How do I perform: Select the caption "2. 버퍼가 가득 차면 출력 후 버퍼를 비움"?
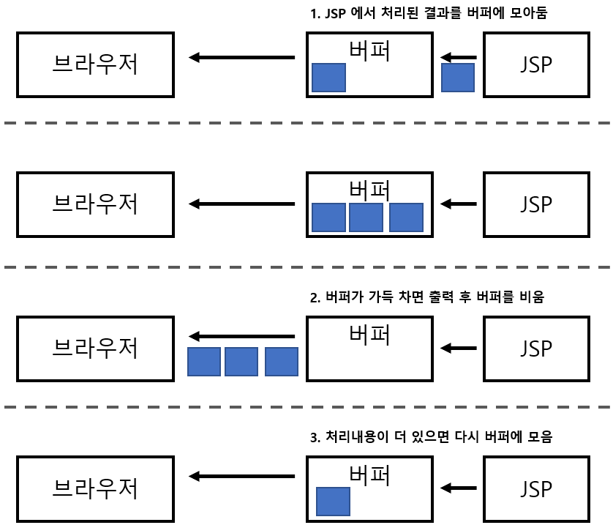tap(428, 298)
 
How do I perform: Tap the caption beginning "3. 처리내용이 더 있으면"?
tap(431, 438)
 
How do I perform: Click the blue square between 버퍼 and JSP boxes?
tap(458, 78)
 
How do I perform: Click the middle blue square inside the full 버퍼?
tap(366, 217)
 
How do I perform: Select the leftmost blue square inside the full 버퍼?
tap(328, 217)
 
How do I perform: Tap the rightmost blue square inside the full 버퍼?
tap(406, 217)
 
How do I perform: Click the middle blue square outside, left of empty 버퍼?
tap(241, 362)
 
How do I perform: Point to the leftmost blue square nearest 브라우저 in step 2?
tap(204, 362)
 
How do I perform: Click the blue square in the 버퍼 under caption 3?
tap(333, 502)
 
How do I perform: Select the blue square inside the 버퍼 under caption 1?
tap(328, 78)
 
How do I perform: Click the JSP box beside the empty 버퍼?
tap(538, 349)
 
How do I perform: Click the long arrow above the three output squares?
tap(241, 337)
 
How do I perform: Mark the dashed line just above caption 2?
tap(306, 267)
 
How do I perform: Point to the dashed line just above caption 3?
tap(306, 406)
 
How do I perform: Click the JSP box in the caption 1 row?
tap(538, 64)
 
